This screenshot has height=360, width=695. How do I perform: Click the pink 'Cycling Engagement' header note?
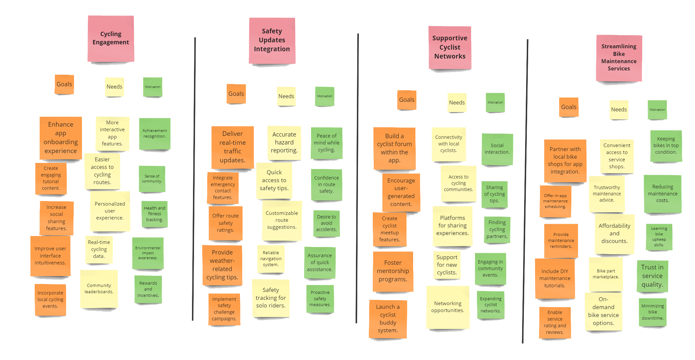coord(111,38)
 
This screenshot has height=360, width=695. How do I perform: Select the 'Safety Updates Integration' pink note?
coord(272,40)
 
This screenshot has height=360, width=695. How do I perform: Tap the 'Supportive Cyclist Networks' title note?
coord(449,47)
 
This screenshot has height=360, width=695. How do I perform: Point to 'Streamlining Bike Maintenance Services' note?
coord(619,58)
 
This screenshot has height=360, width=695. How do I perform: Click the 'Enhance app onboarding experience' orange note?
coord(61,138)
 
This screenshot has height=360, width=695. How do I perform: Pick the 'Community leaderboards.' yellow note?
coord(99,289)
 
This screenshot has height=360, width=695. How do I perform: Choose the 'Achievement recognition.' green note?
coord(155,134)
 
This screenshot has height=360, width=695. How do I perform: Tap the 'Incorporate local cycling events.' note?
coord(50,300)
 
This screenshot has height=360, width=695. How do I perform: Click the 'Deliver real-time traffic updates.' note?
coord(233,147)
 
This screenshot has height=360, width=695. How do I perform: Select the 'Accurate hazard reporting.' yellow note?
coord(284,142)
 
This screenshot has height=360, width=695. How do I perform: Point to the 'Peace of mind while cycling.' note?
coord(327,143)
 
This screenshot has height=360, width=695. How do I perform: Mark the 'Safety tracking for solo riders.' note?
coord(271,298)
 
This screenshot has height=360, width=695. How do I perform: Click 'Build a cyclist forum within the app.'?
coord(394,148)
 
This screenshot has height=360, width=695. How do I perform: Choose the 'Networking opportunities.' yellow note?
coord(447,307)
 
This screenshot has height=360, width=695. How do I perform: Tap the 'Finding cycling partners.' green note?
coord(497,229)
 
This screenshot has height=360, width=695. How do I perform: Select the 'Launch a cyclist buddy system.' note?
coord(388,319)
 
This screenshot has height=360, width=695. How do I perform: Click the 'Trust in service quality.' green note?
coord(652,276)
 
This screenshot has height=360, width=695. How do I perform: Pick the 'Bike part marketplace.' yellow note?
coord(606,274)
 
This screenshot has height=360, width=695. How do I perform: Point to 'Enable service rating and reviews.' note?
coord(555,322)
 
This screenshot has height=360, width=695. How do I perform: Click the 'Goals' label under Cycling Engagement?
coord(64,84)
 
